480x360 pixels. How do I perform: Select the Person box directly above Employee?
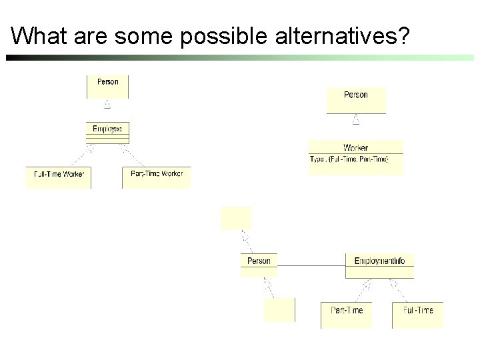107,86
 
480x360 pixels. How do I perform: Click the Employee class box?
107,131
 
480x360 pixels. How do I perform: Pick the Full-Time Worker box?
59,177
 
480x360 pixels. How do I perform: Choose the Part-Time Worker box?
157,177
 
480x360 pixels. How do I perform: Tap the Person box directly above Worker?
355,101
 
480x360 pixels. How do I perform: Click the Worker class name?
355,147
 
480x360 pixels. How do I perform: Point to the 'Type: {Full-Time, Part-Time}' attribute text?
349,159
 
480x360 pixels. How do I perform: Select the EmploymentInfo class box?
379,265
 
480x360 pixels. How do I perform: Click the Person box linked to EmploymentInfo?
259,265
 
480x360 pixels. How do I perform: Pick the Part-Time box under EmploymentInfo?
346,314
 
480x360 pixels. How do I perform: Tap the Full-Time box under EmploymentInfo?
417,314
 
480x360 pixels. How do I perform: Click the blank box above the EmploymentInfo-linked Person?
236,218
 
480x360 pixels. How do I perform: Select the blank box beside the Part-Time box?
279,310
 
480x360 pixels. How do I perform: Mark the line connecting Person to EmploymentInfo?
311,265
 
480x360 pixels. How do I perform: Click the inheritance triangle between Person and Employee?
107,105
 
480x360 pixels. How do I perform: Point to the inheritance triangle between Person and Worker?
356,120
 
